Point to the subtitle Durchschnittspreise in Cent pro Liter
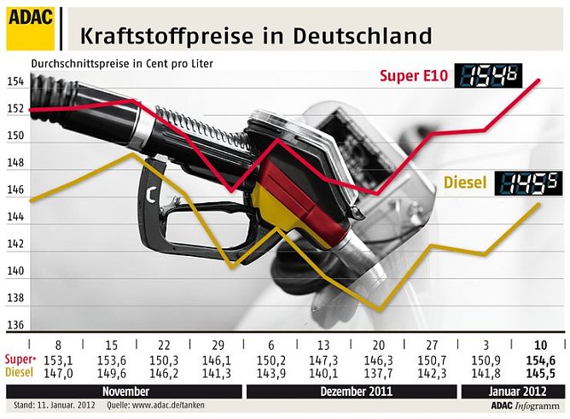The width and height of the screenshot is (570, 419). pyautogui.click(x=122, y=63)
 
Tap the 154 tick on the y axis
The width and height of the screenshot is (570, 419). pyautogui.click(x=15, y=82)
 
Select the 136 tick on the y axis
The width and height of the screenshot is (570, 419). pyautogui.click(x=15, y=325)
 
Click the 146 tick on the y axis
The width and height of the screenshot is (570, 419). pyautogui.click(x=15, y=190)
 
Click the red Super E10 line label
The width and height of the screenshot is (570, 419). pyautogui.click(x=414, y=78)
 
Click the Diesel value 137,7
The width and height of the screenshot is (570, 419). pyautogui.click(x=378, y=373)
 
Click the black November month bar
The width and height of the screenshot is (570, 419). pyautogui.click(x=125, y=391)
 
